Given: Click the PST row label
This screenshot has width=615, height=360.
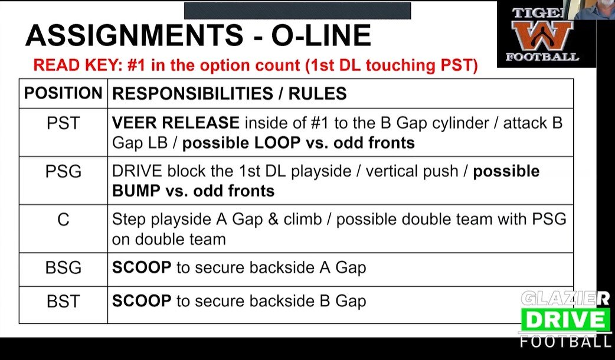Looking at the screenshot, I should coord(63,123).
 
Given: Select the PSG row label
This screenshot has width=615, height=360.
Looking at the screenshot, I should coord(63,172).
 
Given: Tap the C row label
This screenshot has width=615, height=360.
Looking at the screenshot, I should coord(63,220).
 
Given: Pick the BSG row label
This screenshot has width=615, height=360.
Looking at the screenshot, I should coord(63,267).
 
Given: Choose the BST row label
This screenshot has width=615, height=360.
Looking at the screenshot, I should coord(63,301).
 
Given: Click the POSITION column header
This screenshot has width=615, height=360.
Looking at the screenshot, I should coord(63,93).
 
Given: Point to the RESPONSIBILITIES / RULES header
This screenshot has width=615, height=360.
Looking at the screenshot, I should coord(230,93).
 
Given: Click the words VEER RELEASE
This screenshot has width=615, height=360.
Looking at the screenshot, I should coord(176,123).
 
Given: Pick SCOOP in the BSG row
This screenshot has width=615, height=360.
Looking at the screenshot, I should coord(142,267).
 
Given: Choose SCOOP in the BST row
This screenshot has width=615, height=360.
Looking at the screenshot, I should coord(142,301).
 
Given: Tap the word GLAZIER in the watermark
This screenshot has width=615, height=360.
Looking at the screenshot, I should coord(565,299).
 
